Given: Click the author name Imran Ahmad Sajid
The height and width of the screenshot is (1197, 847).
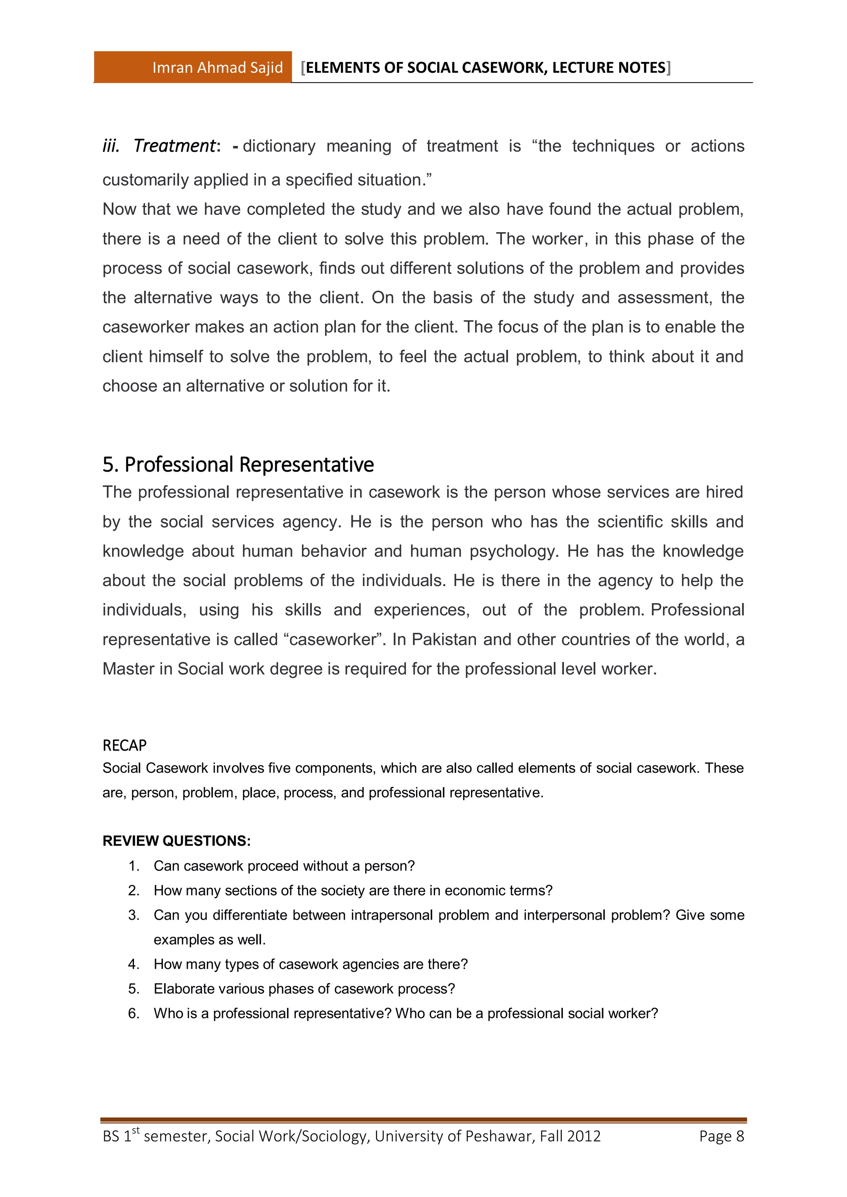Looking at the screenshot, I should point(218,68).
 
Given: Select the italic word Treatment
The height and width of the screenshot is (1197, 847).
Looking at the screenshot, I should point(174,146).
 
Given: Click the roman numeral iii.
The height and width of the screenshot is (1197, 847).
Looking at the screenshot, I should point(110,146).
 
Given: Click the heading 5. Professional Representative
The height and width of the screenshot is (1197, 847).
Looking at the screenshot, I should point(238,465).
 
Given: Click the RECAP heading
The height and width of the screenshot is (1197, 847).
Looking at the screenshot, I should point(124,746).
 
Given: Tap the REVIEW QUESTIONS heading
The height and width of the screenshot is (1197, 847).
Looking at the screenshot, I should point(176,841).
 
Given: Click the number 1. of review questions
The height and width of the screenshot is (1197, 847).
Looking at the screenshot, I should point(134,866).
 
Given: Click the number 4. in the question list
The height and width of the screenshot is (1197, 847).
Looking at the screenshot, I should point(134,964).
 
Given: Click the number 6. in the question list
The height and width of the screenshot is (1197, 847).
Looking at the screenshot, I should point(134,1013).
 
